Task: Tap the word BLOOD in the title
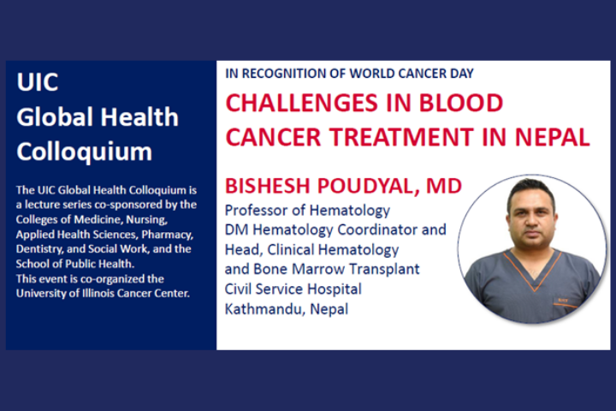point(461,103)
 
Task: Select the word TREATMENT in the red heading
point(400,137)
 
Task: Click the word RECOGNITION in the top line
point(293,74)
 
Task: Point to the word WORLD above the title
point(372,74)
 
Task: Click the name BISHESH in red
point(269,186)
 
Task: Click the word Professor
point(256,211)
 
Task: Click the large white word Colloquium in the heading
point(84,152)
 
